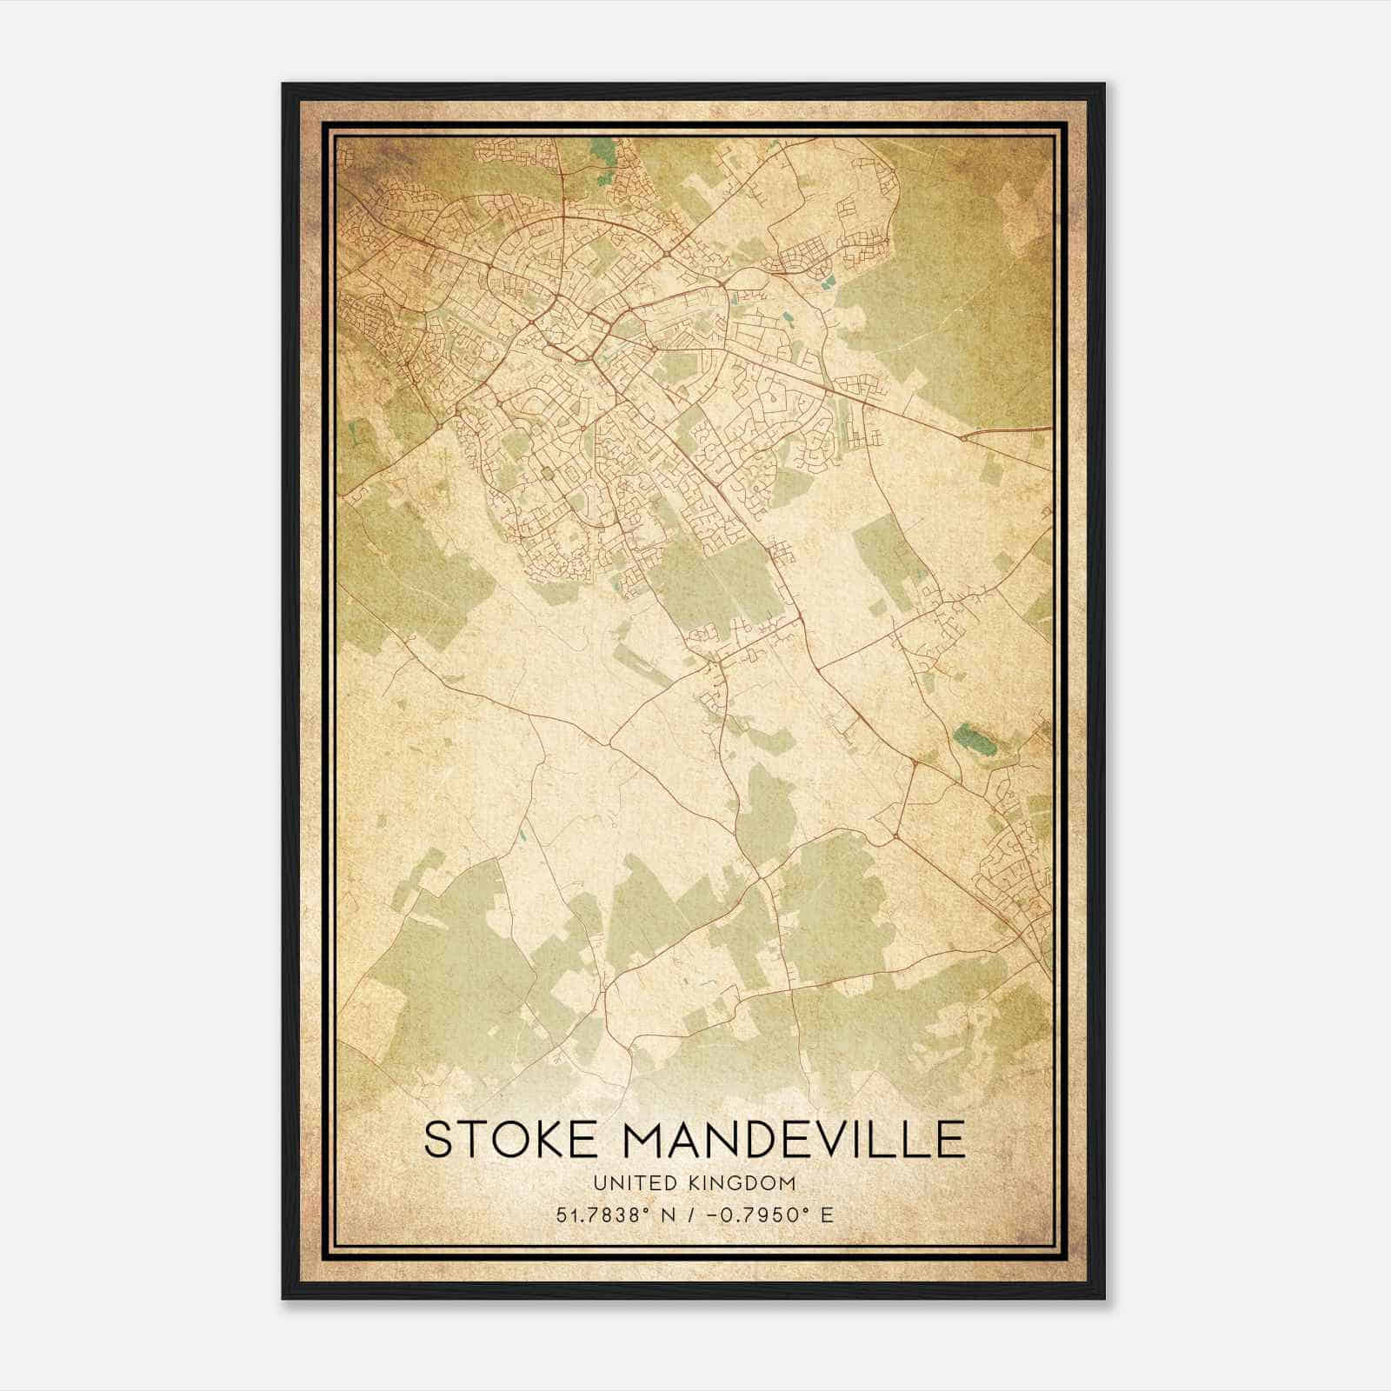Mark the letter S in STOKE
438,1140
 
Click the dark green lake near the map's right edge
971,740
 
